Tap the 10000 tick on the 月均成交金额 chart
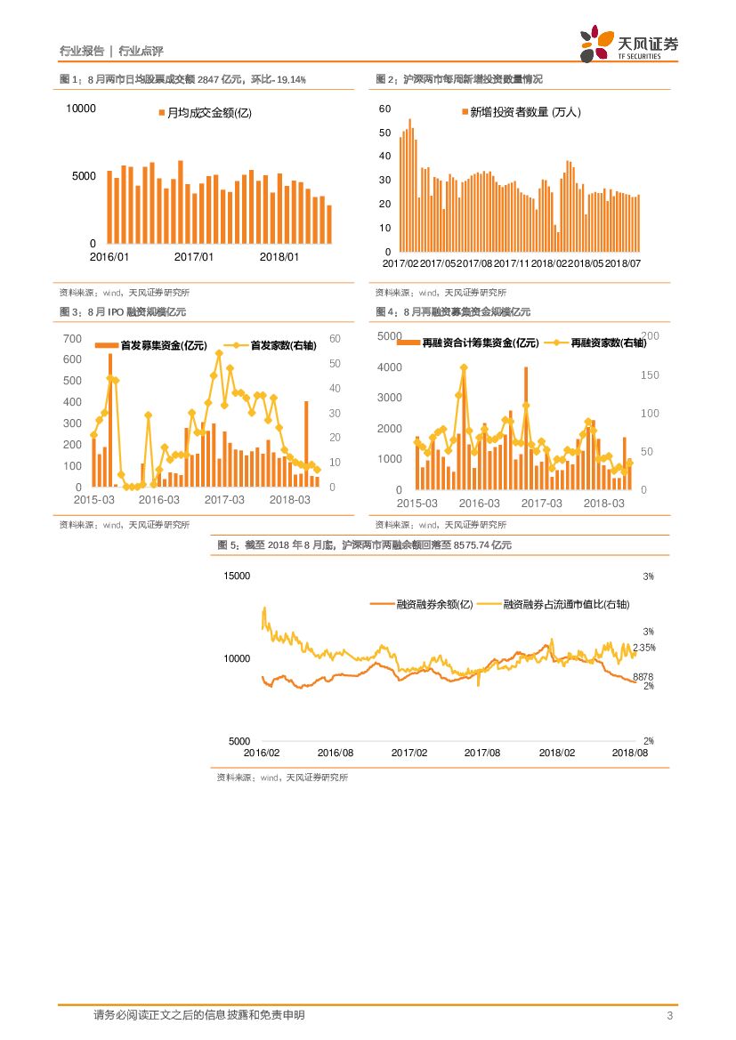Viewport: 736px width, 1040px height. [80, 109]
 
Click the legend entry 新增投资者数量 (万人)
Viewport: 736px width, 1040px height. [521, 112]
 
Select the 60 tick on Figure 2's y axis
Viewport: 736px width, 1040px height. [384, 109]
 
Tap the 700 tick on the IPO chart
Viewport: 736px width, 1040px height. [72, 339]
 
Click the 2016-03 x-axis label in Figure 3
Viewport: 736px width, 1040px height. [159, 500]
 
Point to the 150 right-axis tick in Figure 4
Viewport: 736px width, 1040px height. [650, 375]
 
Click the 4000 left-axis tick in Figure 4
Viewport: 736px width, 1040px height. [390, 367]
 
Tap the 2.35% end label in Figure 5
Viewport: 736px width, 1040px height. [644, 648]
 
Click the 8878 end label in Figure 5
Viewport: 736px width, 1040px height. [643, 677]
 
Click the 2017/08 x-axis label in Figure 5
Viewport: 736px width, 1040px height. [482, 752]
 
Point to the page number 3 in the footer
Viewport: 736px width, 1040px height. [668, 1016]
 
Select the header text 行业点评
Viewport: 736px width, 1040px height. [141, 51]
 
